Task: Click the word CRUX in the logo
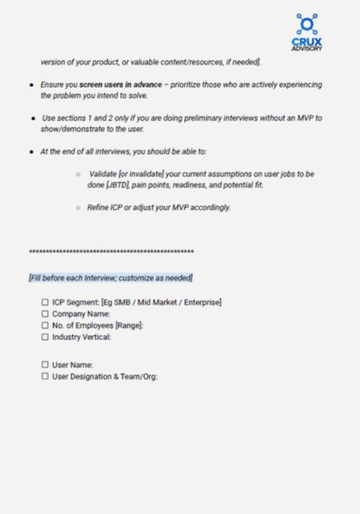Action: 307,42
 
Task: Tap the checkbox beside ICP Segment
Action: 45,302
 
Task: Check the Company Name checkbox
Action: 45,314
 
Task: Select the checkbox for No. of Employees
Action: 45,325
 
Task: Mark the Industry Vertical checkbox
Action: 45,337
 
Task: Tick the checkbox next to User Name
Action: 45,364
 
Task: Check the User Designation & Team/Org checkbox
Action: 45,376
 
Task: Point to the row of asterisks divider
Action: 111,252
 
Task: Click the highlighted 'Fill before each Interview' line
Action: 110,277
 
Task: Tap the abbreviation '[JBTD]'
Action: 118,185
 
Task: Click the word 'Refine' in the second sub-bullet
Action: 98,207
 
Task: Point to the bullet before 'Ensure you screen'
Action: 32,85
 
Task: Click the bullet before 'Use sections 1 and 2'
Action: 32,118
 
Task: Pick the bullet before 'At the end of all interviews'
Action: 32,152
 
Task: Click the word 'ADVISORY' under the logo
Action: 307,49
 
